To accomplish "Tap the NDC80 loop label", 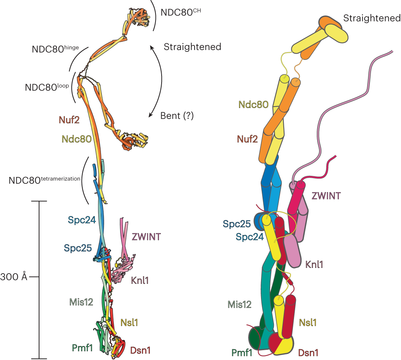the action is (47, 86).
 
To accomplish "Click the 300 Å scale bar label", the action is (14, 277).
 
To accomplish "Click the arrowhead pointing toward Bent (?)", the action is (151, 114).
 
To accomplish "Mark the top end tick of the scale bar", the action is (39, 201).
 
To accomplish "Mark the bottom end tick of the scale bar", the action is (39, 358).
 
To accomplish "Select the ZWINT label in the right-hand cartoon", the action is (326, 196).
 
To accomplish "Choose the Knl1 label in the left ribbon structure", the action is (140, 281).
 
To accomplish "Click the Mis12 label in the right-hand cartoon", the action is (239, 304).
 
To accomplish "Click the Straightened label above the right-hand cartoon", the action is (371, 18).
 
